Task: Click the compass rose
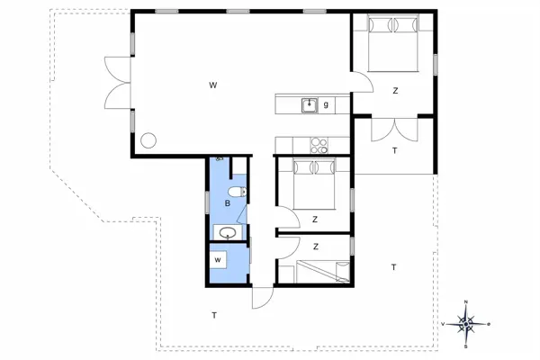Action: click(465, 321)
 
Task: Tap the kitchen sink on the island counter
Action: click(310, 105)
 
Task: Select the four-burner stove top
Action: click(319, 143)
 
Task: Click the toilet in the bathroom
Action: click(236, 193)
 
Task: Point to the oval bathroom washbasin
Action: click(229, 232)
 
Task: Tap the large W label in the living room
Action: click(213, 85)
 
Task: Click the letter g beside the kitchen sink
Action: click(326, 105)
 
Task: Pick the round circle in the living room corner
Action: click(148, 140)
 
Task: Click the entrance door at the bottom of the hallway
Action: click(262, 298)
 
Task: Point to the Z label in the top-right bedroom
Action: click(394, 91)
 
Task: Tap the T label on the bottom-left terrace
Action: click(213, 315)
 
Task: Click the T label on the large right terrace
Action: click(393, 267)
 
